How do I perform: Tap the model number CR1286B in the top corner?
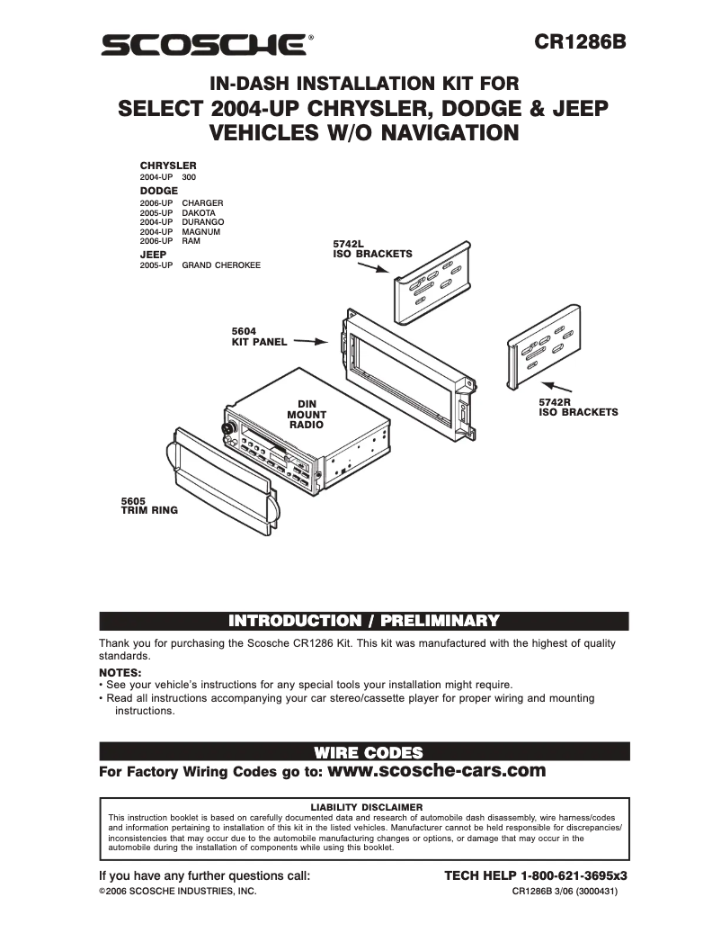coord(580,41)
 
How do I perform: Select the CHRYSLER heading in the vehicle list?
coord(168,166)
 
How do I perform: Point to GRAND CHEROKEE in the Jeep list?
coord(221,265)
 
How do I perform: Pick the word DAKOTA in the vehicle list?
coord(199,212)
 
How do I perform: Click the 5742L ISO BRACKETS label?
coord(372,249)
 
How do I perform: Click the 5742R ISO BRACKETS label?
coord(578,407)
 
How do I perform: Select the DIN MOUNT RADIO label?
coord(307,413)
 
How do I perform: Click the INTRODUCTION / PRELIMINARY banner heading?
coord(364,621)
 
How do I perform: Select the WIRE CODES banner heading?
coord(364,751)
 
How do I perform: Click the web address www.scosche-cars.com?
coord(438,770)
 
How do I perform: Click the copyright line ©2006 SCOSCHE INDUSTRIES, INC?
coord(177,891)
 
